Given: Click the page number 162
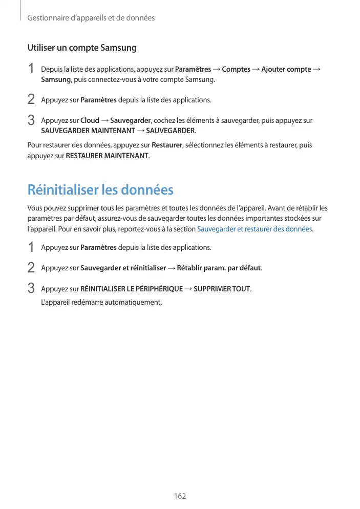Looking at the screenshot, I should [x=180, y=496].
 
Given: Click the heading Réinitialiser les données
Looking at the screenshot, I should [x=100, y=190].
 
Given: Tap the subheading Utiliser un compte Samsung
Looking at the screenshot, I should [x=82, y=48].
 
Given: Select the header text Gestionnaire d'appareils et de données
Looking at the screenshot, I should [x=91, y=18].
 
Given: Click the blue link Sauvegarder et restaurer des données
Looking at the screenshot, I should [x=255, y=229].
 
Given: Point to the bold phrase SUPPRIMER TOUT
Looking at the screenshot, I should [x=222, y=289].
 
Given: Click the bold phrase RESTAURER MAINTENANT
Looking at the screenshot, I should [x=108, y=156].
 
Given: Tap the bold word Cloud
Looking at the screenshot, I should [x=90, y=121].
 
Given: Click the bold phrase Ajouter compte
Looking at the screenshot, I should [x=286, y=70].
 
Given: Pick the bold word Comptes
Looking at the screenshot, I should [x=236, y=70].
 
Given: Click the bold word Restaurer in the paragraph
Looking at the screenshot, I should [x=167, y=145].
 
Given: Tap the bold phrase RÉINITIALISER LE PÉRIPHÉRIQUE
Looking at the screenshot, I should [x=132, y=289].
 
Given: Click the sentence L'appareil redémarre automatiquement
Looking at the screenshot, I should [x=101, y=302].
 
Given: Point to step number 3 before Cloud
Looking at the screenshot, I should [x=31, y=121].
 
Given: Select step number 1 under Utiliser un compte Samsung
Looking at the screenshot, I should [x=31, y=69].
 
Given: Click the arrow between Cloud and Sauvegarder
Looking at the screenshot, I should [x=104, y=121].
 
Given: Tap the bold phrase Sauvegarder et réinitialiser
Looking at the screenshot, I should [x=123, y=268].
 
